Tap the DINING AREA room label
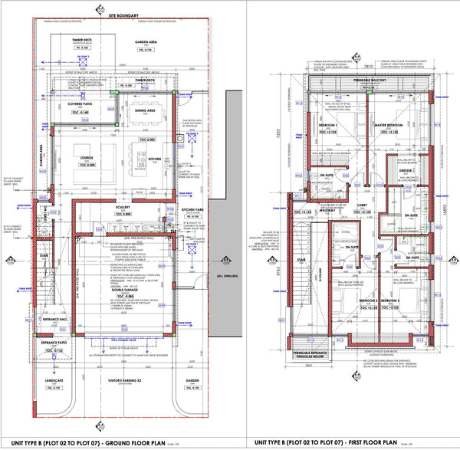click(x=146, y=110)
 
